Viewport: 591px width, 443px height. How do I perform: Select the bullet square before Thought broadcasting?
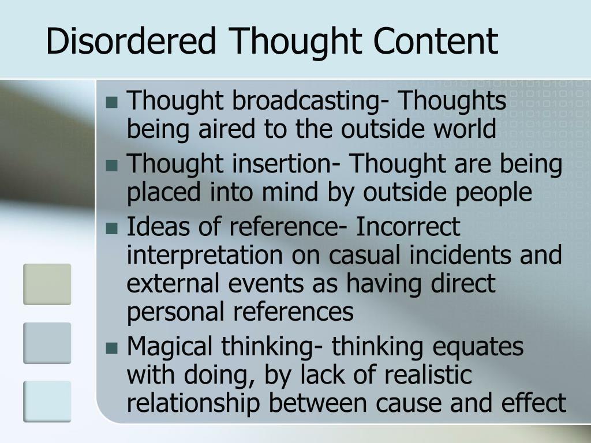pyautogui.click(x=112, y=103)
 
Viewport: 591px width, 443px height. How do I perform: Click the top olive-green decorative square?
pyautogui.click(x=47, y=284)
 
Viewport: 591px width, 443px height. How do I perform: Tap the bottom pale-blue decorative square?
pyautogui.click(x=47, y=401)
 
